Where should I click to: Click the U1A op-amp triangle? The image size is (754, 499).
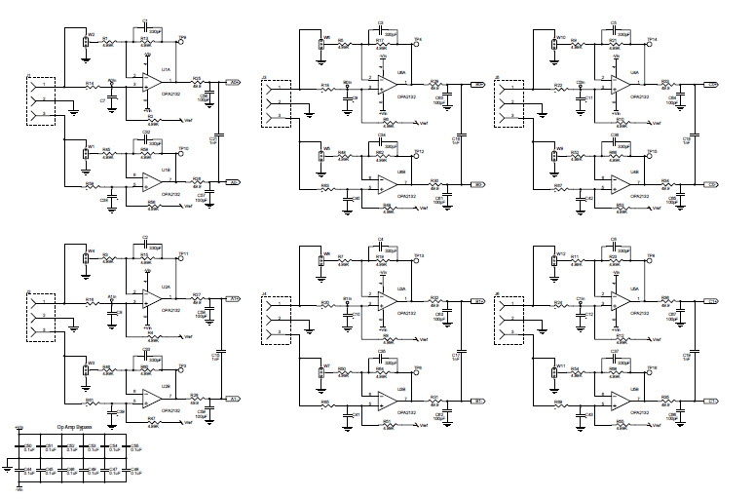tap(147, 86)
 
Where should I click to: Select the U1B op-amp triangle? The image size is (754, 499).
tap(147, 181)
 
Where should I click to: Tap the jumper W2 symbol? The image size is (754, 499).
tap(90, 43)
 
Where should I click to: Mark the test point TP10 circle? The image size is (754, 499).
tap(182, 154)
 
